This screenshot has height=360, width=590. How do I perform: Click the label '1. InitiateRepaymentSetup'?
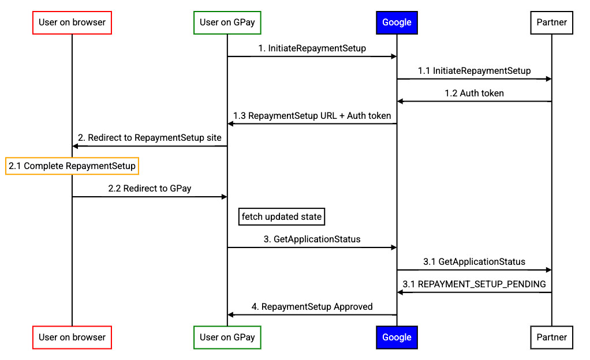point(312,48)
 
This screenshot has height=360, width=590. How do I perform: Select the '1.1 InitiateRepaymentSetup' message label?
point(474,71)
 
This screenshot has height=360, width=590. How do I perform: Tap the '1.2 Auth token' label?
point(474,93)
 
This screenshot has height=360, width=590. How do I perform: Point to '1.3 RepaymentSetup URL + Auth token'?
point(312,116)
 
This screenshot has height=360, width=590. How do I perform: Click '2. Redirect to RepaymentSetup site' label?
point(150,138)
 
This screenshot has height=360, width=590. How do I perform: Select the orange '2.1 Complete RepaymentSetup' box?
point(72,166)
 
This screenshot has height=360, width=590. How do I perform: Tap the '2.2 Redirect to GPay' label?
point(150,188)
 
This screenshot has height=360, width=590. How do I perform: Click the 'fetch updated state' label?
point(282,217)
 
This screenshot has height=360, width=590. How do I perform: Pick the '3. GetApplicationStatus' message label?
point(312,239)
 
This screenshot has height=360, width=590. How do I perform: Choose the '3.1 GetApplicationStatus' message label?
point(474,262)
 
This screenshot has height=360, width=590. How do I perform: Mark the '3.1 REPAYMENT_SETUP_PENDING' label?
point(474,284)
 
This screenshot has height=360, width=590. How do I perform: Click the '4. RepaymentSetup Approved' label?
point(312,307)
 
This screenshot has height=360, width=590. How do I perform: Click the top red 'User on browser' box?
point(72,22)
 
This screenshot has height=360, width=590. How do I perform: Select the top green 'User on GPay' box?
point(227,22)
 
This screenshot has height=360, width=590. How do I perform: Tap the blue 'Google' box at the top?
point(397,22)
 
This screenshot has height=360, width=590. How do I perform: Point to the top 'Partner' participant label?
point(552,22)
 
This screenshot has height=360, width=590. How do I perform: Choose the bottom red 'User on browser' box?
point(72,337)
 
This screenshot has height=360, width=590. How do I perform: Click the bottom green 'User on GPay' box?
point(227,337)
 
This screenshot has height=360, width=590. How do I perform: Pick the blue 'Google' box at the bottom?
point(397,337)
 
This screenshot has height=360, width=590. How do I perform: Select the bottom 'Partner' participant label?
point(552,337)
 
